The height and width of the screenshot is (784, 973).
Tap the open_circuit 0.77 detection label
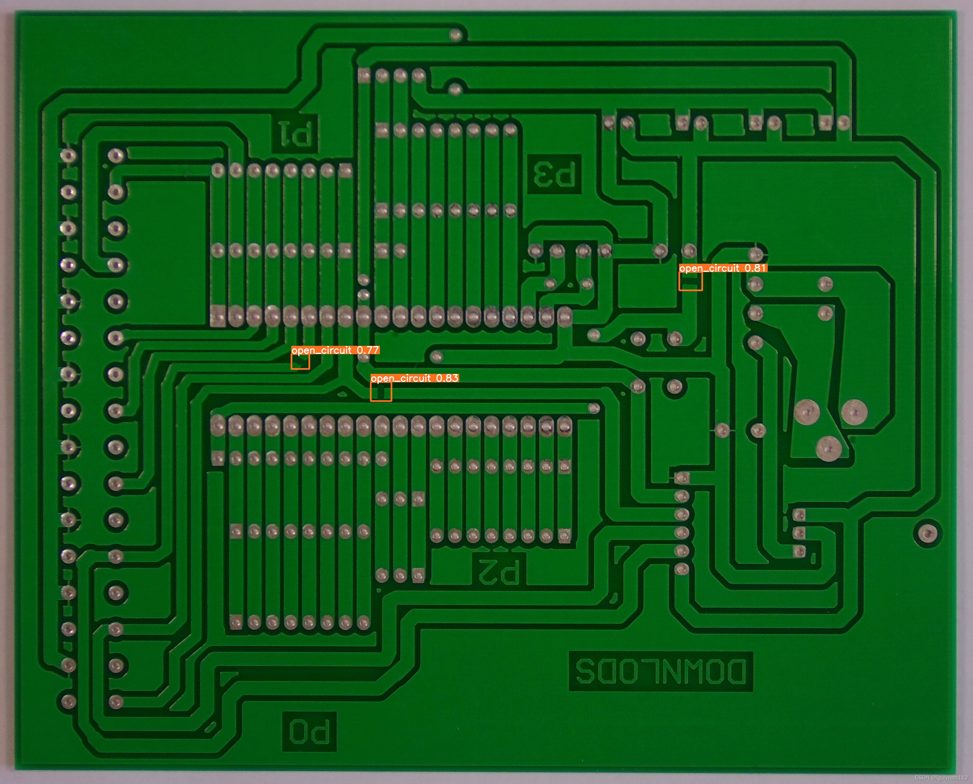[335, 350]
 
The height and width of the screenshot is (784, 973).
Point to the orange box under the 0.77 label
[300, 362]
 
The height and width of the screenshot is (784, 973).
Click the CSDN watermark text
[942, 778]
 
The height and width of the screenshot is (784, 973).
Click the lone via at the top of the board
[456, 35]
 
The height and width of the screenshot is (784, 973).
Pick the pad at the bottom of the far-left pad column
[68, 701]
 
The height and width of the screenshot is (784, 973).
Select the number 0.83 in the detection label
[447, 378]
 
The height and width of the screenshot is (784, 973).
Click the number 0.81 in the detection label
[755, 268]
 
